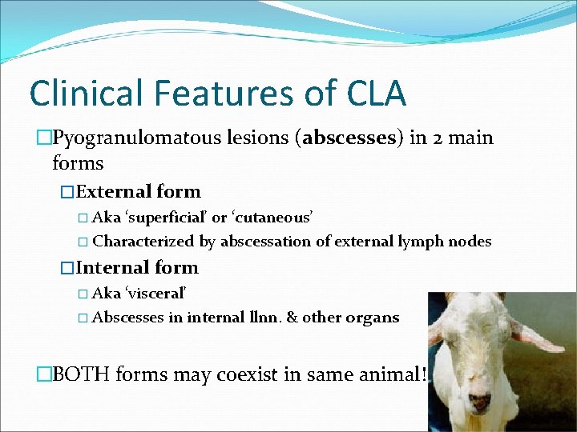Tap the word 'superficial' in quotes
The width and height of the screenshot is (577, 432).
tap(164, 217)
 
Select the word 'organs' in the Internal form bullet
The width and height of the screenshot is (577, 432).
tap(372, 317)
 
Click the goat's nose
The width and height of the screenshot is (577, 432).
tap(479, 400)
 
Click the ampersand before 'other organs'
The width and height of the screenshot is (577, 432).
tap(292, 317)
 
